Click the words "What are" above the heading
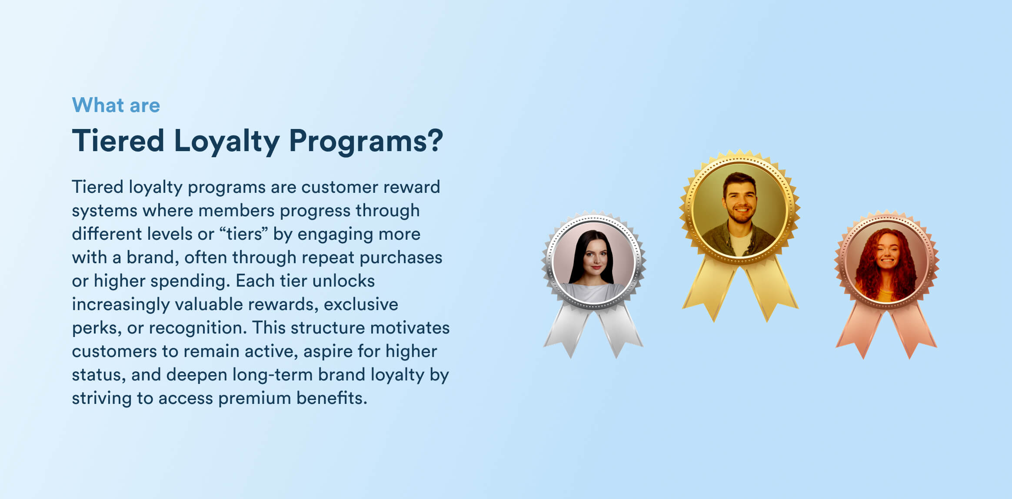116,105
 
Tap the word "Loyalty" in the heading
227,142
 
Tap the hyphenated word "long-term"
272,375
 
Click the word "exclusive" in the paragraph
361,304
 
